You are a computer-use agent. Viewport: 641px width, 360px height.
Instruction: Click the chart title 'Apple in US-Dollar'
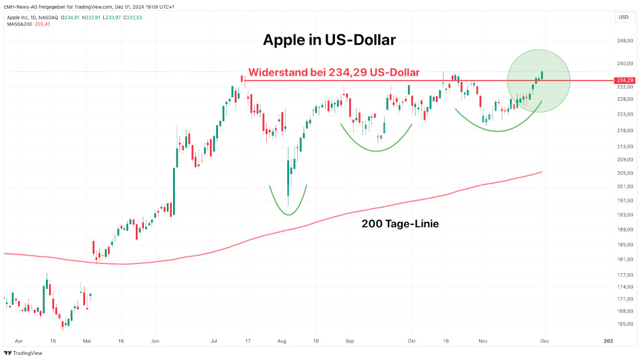[329, 40]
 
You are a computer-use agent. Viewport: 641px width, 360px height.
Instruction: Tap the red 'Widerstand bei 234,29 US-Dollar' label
[334, 73]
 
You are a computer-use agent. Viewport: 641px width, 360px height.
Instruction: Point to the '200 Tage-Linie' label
[400, 223]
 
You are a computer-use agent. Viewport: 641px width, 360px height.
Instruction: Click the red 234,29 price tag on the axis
[624, 80]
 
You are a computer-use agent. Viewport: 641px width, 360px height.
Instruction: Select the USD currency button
[623, 17]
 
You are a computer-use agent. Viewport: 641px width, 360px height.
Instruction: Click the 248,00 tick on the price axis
[625, 41]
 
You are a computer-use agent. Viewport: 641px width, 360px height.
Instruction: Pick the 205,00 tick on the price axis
[625, 173]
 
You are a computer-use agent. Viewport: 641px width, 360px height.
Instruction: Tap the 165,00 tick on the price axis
[625, 324]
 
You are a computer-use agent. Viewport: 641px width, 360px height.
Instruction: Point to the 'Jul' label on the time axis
[214, 341]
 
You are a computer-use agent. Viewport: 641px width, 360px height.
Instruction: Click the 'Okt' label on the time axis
[412, 341]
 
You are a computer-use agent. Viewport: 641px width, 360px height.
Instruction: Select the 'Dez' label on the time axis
[544, 341]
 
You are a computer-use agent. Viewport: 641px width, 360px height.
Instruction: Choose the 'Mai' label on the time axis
[87, 341]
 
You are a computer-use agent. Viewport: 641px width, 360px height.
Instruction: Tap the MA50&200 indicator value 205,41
[43, 24]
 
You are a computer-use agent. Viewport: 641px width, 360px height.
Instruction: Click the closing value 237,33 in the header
[133, 17]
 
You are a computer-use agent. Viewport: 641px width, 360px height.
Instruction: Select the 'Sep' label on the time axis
[350, 341]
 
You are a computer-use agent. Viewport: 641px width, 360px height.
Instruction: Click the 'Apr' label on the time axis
[19, 341]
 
